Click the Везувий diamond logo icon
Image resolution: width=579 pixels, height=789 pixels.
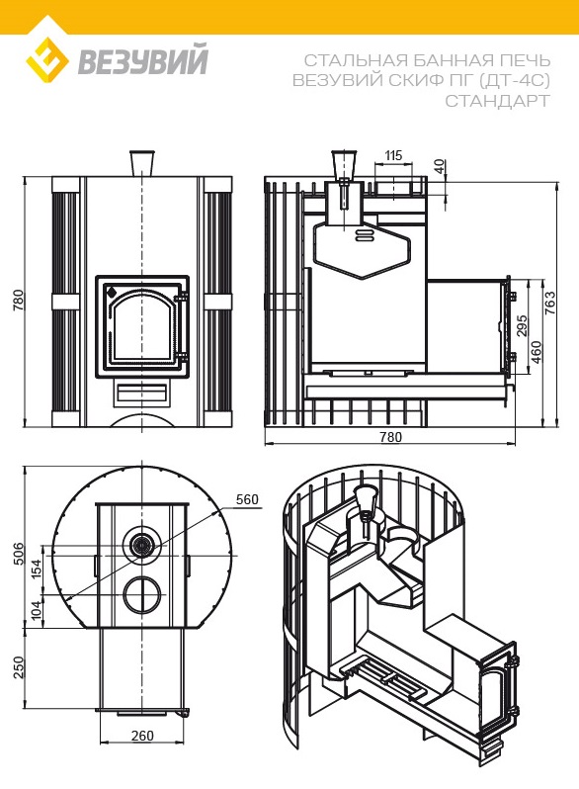[47, 60]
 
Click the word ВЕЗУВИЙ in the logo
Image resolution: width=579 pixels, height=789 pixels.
[142, 61]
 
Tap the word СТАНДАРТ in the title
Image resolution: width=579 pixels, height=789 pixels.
[498, 101]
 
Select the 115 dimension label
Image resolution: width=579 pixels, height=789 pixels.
[393, 155]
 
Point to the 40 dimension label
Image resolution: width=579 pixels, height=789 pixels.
[439, 166]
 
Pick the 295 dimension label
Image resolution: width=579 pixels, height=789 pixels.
[522, 326]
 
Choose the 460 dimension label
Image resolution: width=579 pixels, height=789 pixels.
[537, 352]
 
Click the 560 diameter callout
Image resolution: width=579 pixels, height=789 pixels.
[247, 499]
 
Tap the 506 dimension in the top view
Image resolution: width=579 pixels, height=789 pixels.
[18, 554]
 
